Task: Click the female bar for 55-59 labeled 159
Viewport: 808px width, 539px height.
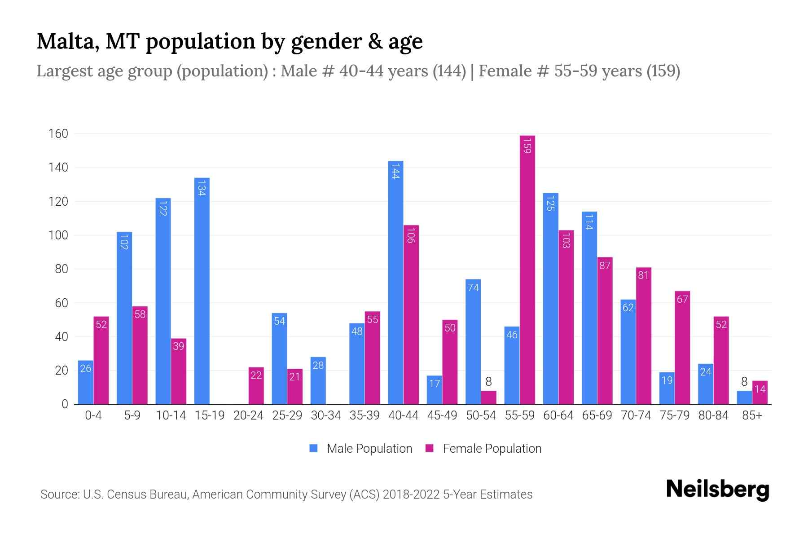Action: tap(527, 269)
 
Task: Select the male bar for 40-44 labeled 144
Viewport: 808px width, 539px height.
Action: tap(395, 283)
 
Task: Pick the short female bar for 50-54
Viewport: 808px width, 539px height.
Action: tap(488, 398)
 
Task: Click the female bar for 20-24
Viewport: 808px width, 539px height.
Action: tap(256, 386)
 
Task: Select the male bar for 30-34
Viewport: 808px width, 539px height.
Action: tap(318, 381)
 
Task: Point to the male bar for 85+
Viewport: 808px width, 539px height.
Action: tap(744, 398)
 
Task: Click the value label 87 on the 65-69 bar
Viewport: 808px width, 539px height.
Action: tap(605, 265)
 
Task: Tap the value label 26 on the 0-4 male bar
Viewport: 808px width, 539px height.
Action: tap(86, 369)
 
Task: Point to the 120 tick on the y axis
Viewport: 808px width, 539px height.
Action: tap(58, 202)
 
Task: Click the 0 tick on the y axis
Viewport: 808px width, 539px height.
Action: tap(65, 404)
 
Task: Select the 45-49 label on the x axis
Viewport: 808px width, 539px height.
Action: tap(442, 415)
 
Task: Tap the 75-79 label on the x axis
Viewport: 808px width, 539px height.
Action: tap(675, 415)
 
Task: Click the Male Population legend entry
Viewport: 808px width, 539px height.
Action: tap(369, 449)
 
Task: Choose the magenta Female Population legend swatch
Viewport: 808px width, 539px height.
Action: tap(430, 448)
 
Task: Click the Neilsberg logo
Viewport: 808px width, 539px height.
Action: tap(717, 490)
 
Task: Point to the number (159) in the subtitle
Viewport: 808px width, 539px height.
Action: tap(663, 71)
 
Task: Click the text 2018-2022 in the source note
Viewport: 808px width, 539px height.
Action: tap(411, 495)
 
